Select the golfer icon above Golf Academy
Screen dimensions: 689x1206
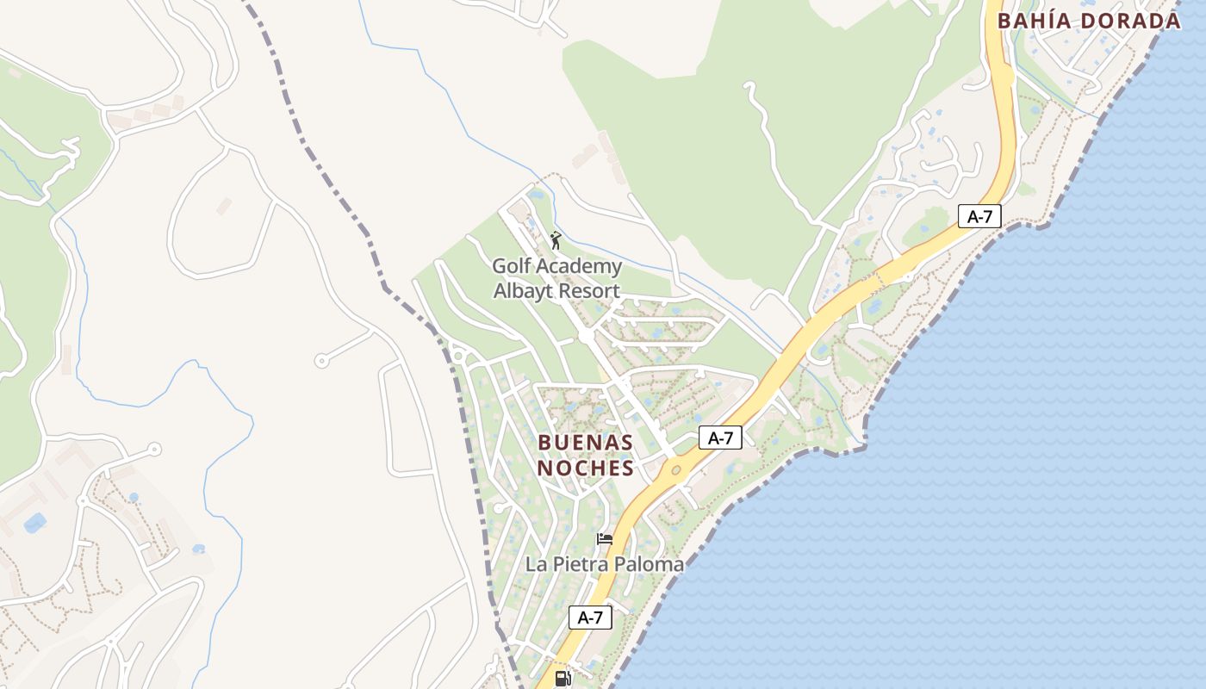pyautogui.click(x=556, y=240)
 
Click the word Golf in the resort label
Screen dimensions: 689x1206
pyautogui.click(x=511, y=265)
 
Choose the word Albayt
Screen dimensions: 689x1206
pyautogui.click(x=523, y=291)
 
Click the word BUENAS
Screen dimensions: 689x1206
pyautogui.click(x=586, y=443)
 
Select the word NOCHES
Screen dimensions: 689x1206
pyautogui.click(x=586, y=469)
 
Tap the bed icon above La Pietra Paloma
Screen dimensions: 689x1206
pyautogui.click(x=605, y=539)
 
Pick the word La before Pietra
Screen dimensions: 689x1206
pyautogui.click(x=536, y=565)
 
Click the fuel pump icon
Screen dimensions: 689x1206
pyautogui.click(x=563, y=679)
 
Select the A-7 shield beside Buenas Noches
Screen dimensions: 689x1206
pyautogui.click(x=720, y=438)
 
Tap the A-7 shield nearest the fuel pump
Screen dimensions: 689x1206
pyautogui.click(x=590, y=617)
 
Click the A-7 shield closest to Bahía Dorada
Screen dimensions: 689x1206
pyautogui.click(x=979, y=216)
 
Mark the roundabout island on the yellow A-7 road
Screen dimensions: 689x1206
pyautogui.click(x=676, y=470)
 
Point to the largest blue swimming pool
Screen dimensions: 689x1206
pyautogui.click(x=35, y=523)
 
